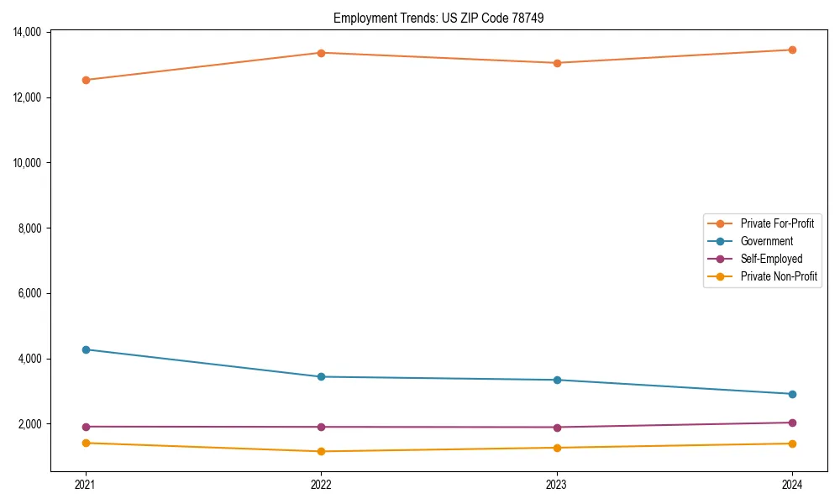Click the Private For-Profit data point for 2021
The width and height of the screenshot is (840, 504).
coord(86,80)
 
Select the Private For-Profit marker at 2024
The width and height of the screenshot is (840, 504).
coord(792,50)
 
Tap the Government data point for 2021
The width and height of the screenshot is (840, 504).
coord(86,349)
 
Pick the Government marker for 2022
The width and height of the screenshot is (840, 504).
coord(321,376)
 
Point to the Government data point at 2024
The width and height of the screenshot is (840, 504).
coord(792,394)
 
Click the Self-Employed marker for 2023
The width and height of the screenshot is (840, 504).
coord(557,428)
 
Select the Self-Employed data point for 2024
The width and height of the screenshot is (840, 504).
coord(792,423)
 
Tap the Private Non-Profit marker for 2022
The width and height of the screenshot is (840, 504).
coord(321,451)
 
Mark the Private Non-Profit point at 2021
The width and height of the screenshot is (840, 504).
coord(86,443)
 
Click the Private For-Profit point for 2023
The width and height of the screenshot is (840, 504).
coord(557,63)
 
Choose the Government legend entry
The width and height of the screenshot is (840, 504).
coord(766,241)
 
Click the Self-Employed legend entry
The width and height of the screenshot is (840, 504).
coord(771,259)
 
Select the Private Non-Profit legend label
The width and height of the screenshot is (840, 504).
coord(779,276)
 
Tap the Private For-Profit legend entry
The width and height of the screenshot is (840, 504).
coord(777,223)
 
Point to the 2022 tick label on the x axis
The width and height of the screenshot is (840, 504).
coord(321,485)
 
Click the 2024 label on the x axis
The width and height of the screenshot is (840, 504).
coord(792,485)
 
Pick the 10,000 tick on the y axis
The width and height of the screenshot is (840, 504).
coord(29,163)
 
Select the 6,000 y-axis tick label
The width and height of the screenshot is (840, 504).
coord(31,293)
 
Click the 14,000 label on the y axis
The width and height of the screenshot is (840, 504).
coord(29,32)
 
